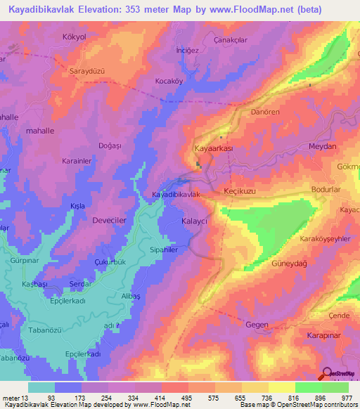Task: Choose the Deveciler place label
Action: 110,220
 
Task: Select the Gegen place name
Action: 257,324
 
